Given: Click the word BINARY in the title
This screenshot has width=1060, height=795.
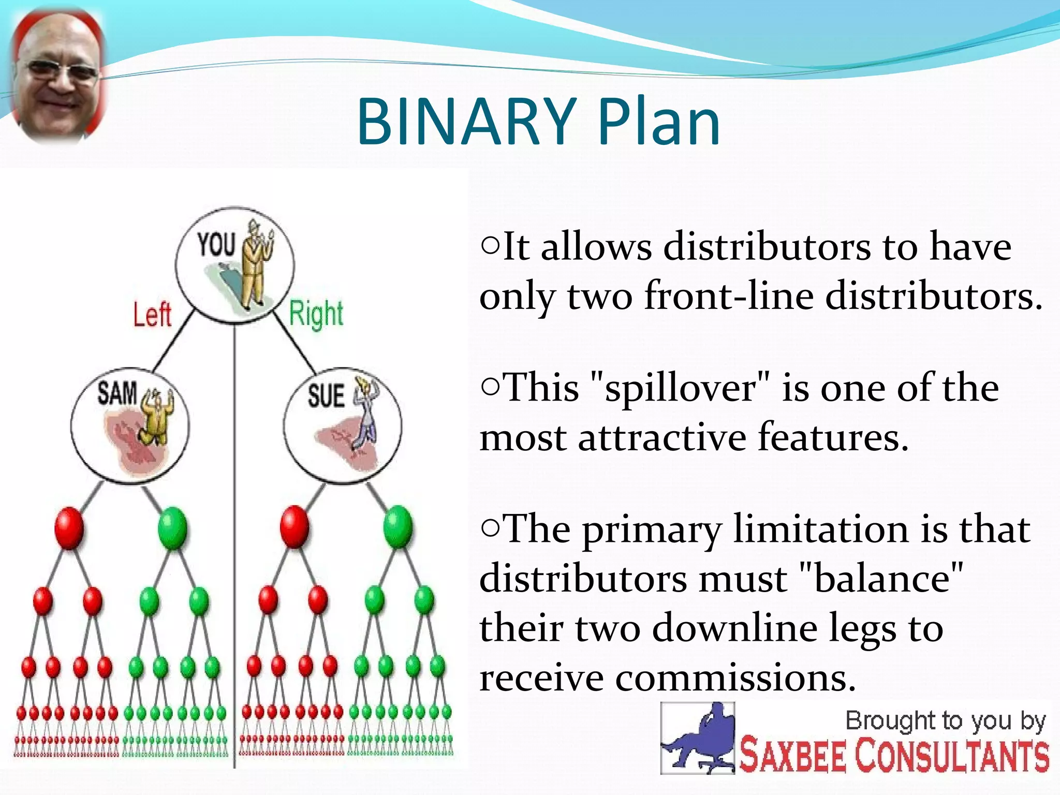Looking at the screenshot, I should pyautogui.click(x=466, y=122).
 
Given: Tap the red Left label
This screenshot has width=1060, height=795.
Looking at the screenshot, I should pyautogui.click(x=152, y=315).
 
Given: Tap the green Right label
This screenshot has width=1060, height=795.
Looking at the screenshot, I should pyautogui.click(x=316, y=314).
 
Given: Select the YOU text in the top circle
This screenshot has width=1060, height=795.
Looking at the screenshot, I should pyautogui.click(x=216, y=245).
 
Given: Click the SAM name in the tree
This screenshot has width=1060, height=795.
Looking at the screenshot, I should pyautogui.click(x=117, y=393).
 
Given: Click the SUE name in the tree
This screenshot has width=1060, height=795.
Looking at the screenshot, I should pyautogui.click(x=326, y=396).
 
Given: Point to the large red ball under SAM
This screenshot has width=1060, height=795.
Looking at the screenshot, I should pyautogui.click(x=69, y=527).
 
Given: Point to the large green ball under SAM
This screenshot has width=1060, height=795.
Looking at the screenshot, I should pyautogui.click(x=172, y=527).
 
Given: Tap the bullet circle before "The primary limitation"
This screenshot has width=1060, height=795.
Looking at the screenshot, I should pyautogui.click(x=490, y=527).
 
